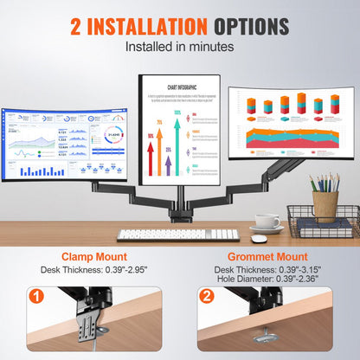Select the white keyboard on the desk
point(177,234)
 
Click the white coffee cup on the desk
point(267,223)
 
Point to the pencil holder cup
point(325,205)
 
